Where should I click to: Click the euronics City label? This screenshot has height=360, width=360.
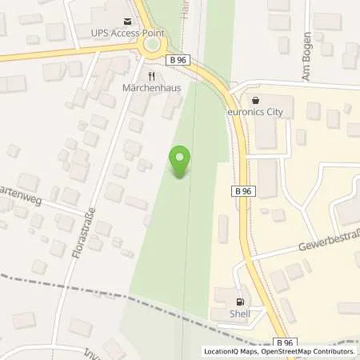point(261,114)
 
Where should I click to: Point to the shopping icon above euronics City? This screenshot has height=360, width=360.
point(255,102)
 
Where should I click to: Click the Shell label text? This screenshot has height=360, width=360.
point(240,314)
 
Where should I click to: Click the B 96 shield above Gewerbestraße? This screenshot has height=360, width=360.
point(243,190)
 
